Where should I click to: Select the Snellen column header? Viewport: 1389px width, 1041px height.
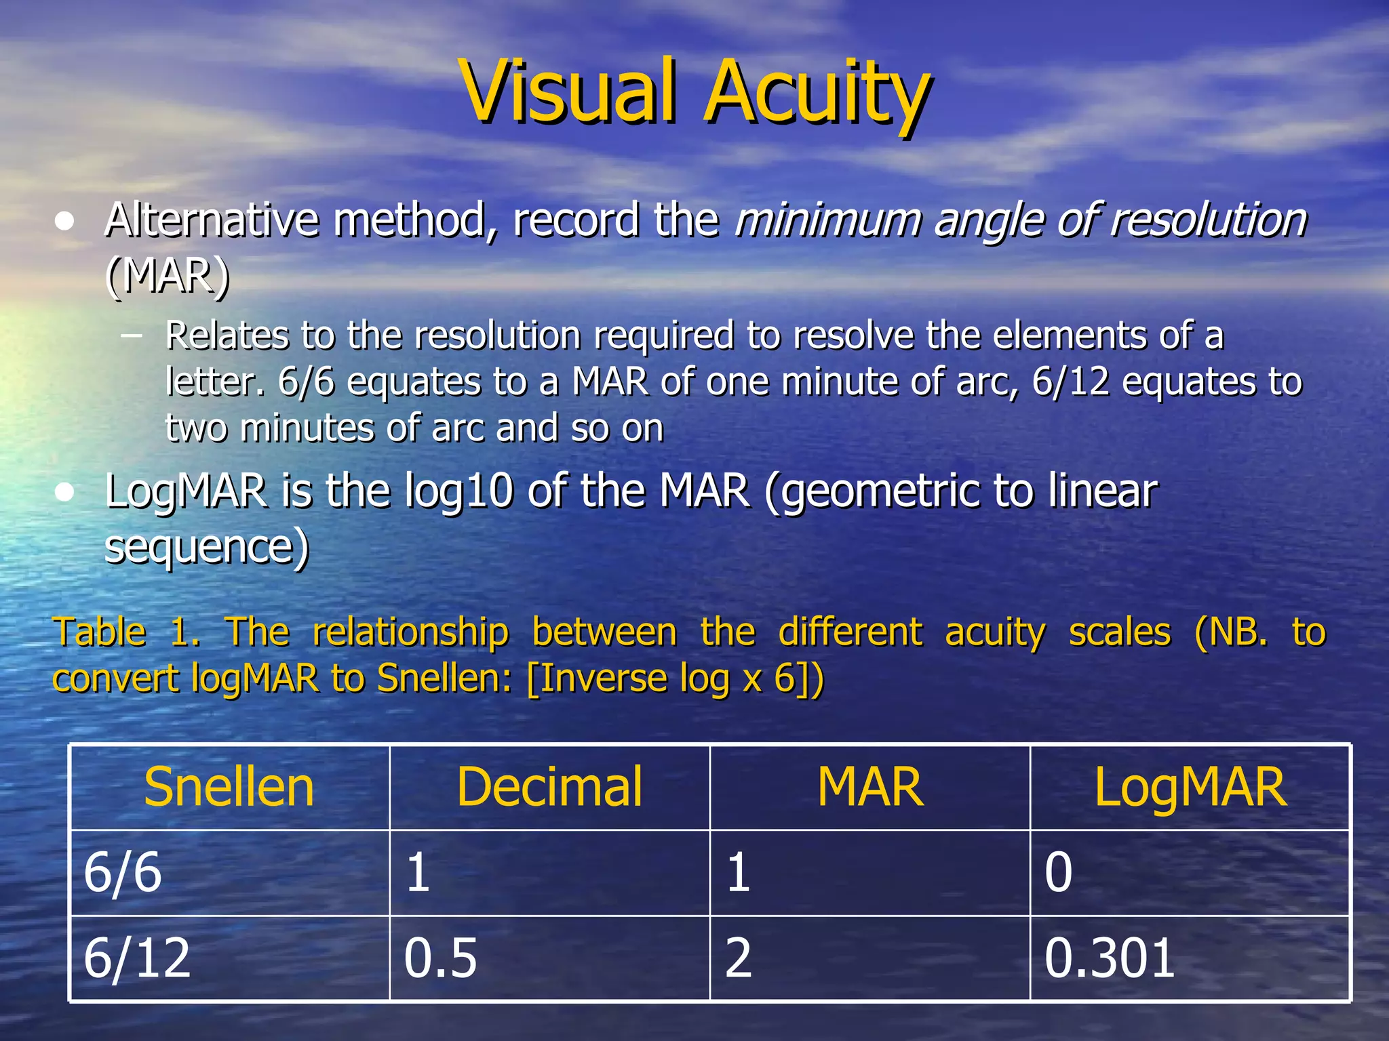click(229, 787)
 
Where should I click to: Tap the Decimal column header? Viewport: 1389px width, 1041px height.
click(549, 787)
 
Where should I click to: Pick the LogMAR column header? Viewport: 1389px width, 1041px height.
click(1190, 788)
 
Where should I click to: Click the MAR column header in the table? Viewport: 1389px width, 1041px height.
click(869, 787)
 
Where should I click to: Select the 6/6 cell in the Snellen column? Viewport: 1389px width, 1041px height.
click(123, 872)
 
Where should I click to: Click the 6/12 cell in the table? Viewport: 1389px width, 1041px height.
click(136, 958)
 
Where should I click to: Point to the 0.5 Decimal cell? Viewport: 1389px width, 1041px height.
click(440, 958)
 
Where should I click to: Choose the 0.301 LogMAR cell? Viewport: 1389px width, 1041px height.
click(1110, 958)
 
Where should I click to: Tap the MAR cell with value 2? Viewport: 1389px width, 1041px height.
click(738, 958)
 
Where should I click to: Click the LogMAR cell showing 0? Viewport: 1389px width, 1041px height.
click(1058, 872)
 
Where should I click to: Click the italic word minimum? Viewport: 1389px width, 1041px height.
click(827, 220)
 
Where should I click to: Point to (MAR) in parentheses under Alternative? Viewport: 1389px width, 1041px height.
click(168, 276)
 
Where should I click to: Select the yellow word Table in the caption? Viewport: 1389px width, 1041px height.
click(99, 632)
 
